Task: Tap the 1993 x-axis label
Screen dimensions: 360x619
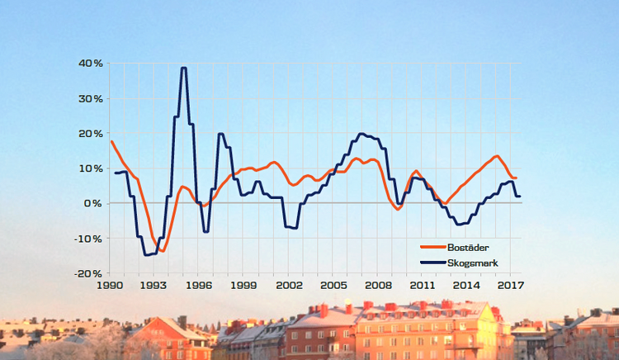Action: tap(154, 286)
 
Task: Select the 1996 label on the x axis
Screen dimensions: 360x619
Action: tap(199, 286)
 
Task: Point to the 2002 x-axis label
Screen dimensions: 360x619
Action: tap(288, 286)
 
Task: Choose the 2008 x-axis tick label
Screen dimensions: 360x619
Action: tap(377, 286)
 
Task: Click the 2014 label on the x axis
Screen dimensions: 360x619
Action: tap(466, 286)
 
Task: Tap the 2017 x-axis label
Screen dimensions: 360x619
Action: tap(511, 286)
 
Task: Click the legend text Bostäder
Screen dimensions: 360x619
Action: tap(471, 247)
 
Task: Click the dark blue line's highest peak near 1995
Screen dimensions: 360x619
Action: tap(184, 68)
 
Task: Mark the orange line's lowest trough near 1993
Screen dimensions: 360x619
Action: tap(163, 250)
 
